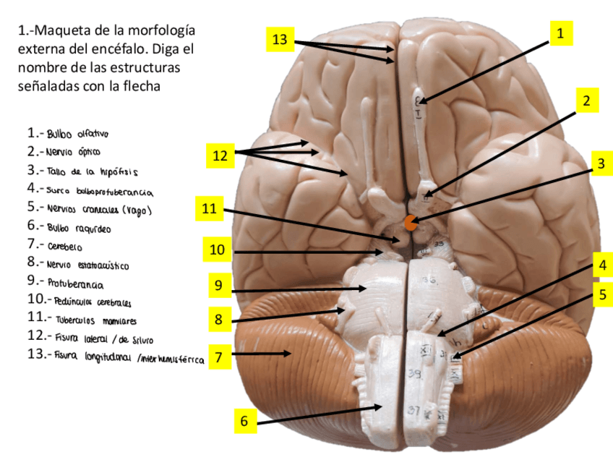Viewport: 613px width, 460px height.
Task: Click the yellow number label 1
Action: [x=560, y=33]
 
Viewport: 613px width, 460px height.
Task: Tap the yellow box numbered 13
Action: [x=280, y=40]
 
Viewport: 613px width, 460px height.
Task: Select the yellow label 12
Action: [x=220, y=155]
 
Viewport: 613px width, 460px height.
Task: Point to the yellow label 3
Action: [x=600, y=164]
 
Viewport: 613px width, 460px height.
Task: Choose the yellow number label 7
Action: [x=220, y=356]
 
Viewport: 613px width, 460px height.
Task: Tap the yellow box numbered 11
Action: [x=209, y=209]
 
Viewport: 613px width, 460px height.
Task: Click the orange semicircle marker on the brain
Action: [x=410, y=223]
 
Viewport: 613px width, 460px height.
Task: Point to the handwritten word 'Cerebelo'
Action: [x=66, y=246]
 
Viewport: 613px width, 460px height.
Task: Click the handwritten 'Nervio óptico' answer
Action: [x=74, y=153]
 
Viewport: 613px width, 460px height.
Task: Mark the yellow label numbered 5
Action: [x=601, y=294]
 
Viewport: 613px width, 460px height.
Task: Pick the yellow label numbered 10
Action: [x=217, y=250]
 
